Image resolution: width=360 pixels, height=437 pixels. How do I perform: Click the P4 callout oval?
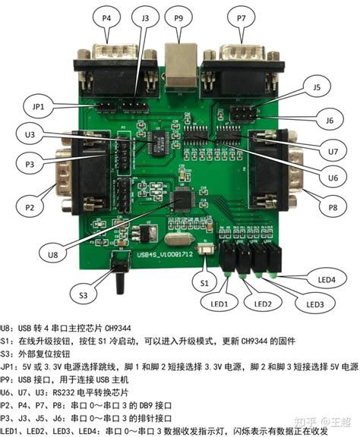tap(106, 17)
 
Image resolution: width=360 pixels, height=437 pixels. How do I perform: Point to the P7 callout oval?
tap(242, 17)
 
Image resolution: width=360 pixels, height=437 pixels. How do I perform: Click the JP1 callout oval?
tap(37, 107)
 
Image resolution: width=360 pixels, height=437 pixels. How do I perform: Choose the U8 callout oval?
tap(52, 255)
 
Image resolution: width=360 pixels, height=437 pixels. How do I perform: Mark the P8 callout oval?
tap(332, 206)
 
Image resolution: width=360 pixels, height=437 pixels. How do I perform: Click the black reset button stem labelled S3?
tap(119, 282)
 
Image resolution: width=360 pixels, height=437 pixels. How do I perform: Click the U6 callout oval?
tap(332, 178)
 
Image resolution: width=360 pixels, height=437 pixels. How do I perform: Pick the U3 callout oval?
tap(30, 134)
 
